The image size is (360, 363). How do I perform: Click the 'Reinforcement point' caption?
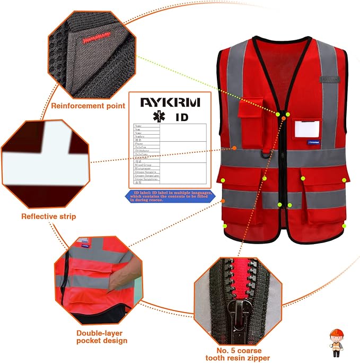pos(88,106)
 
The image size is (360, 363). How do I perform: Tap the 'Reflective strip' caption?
pos(48,216)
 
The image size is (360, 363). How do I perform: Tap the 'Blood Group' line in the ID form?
pos(143,166)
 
